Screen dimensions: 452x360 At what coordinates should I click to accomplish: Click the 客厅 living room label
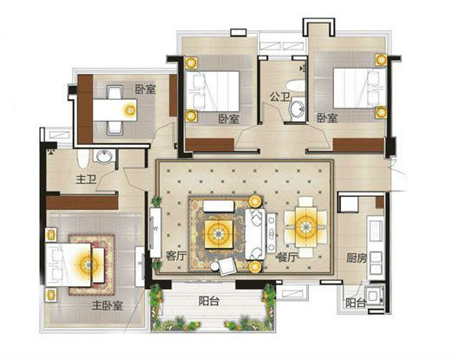click(x=176, y=256)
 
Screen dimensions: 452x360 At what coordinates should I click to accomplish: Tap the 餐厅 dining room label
click(x=286, y=257)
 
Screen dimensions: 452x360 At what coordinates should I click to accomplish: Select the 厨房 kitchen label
click(x=357, y=258)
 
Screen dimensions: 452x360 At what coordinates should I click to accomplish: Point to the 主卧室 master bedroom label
click(x=108, y=305)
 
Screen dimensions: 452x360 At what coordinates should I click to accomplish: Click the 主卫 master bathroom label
click(x=86, y=180)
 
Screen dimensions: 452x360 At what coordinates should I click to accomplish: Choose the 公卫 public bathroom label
click(x=279, y=96)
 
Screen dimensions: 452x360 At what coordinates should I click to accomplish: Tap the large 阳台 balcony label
click(x=209, y=301)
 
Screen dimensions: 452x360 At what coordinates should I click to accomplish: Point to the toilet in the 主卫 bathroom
click(x=82, y=159)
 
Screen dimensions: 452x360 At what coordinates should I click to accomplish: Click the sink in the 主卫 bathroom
click(x=104, y=156)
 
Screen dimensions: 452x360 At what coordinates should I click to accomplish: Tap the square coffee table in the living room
click(x=219, y=234)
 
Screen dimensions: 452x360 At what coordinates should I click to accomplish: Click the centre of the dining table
click(x=305, y=226)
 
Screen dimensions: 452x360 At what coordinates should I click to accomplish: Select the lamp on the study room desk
click(x=130, y=109)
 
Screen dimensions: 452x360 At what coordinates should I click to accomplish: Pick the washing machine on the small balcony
click(x=375, y=296)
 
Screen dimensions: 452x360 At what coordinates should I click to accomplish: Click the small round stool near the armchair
click(x=215, y=266)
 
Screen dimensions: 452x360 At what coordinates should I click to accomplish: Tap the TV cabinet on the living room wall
click(x=155, y=232)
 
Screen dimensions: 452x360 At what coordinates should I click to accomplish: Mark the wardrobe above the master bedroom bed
click(x=82, y=202)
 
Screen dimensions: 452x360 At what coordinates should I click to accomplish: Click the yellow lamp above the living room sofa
click(x=255, y=201)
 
